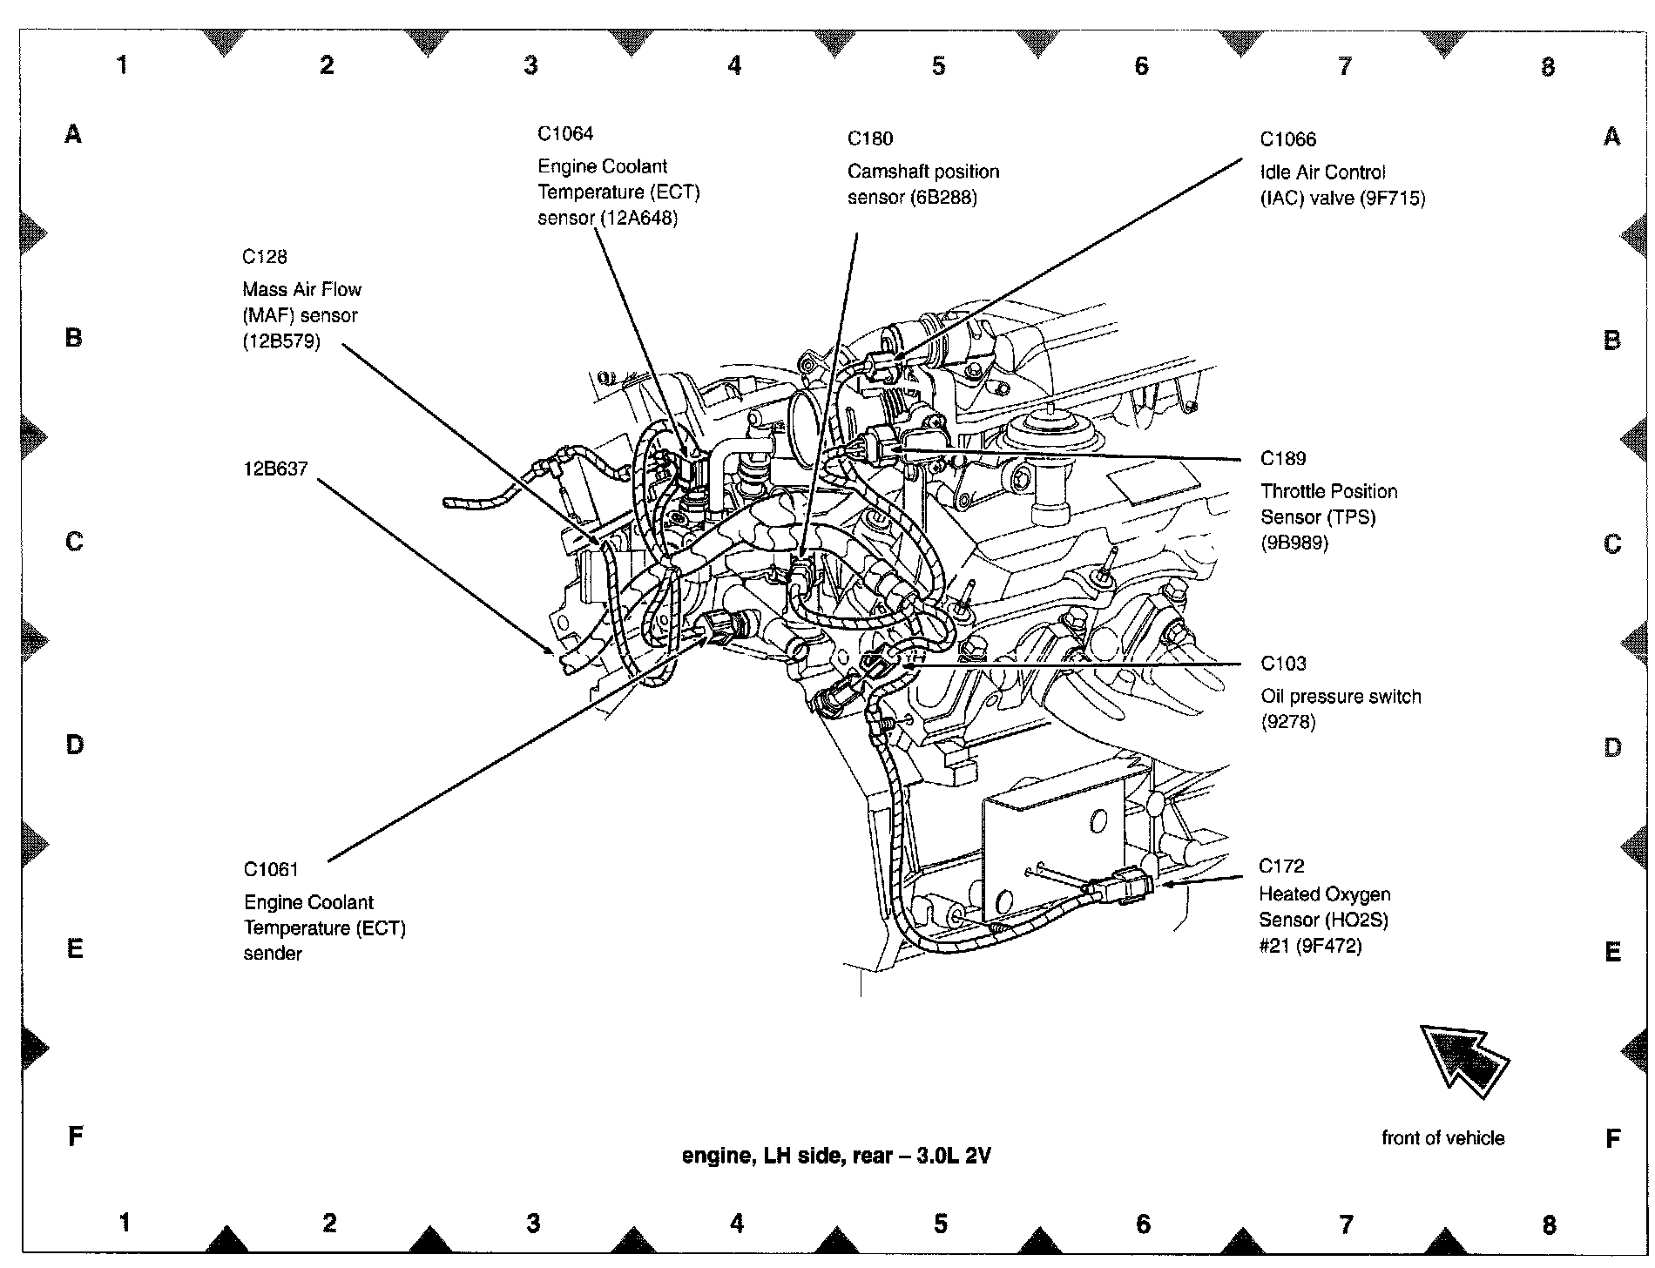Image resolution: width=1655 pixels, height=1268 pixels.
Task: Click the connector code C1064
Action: tap(565, 133)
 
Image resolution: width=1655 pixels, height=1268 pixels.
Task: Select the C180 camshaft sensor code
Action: tap(870, 138)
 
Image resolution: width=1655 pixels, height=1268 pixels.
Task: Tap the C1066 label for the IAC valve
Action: tap(1288, 139)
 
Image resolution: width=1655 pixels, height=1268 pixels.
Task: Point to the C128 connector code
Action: tap(265, 257)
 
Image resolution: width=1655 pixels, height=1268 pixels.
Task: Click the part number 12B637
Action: tap(275, 469)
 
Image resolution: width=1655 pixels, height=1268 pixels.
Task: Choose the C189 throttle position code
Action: tap(1283, 458)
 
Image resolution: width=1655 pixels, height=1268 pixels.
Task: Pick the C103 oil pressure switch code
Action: tap(1283, 664)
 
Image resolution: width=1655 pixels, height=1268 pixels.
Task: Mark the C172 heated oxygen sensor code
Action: tap(1281, 866)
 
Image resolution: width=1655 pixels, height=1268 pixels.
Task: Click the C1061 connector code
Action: tap(271, 869)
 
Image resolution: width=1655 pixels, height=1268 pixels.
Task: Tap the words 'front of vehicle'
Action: tap(1442, 1137)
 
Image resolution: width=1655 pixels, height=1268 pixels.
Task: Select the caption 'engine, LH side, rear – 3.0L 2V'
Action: tap(835, 1156)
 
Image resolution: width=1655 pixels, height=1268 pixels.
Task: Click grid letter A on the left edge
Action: tap(73, 134)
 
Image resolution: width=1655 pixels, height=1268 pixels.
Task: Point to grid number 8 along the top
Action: tap(1547, 66)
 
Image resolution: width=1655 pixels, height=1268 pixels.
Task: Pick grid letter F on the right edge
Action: tap(1611, 1137)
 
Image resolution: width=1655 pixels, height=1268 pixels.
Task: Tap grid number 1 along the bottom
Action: tap(125, 1223)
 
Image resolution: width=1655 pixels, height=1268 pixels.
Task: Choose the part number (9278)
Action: tap(1288, 722)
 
